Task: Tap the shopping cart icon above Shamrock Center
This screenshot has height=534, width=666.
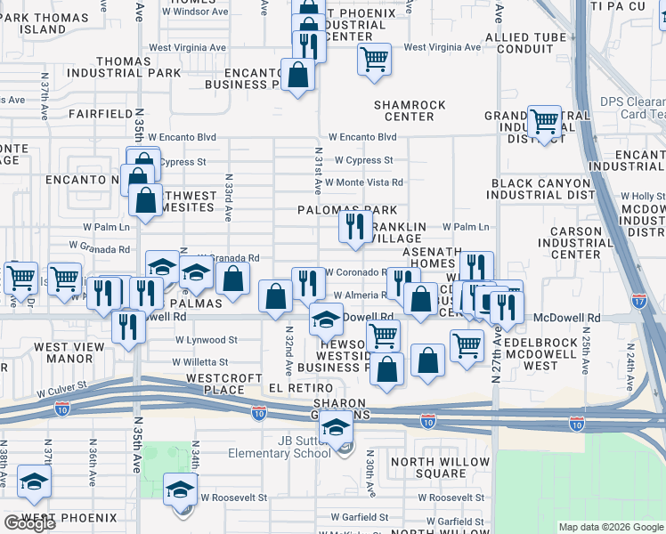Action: [374, 60]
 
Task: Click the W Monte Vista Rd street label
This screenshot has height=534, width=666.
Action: [363, 182]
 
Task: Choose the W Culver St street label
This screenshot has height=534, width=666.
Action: [61, 390]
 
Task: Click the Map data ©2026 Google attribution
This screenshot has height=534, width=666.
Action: [611, 527]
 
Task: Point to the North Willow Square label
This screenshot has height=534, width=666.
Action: [440, 467]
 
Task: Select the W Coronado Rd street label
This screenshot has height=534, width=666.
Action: [353, 272]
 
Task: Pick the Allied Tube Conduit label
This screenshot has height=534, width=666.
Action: [520, 43]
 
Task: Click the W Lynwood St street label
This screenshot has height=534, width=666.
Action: [206, 340]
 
